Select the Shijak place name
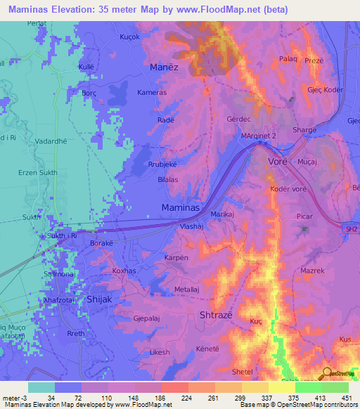99,299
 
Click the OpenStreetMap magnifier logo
328,374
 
